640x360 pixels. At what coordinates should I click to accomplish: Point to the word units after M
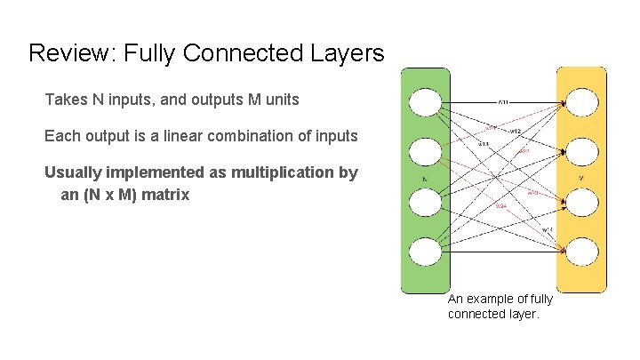point(280,100)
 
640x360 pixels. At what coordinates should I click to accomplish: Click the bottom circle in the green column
point(425,252)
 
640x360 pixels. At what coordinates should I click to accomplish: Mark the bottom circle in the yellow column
point(581,252)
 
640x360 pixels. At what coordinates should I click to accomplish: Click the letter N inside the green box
point(426,179)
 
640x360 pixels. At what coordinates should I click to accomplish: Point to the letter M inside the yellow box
point(581,179)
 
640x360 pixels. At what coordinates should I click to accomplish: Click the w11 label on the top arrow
point(503,102)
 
